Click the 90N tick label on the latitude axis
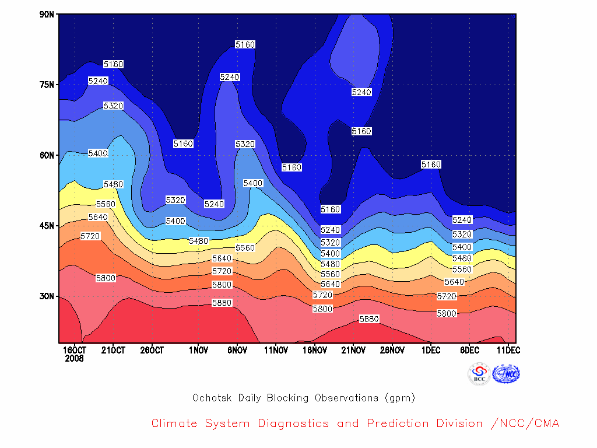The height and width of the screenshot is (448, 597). [x=47, y=15]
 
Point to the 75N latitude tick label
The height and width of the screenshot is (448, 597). [x=47, y=85]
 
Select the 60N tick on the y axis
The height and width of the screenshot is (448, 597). [x=47, y=155]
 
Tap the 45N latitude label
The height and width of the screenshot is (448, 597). [x=47, y=226]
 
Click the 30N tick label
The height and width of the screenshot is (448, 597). [x=47, y=296]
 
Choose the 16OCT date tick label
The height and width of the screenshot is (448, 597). [x=75, y=350]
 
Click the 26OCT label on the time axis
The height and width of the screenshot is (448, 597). [x=152, y=350]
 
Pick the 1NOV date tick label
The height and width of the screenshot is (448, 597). [x=198, y=350]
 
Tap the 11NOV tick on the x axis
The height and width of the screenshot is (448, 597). [x=276, y=350]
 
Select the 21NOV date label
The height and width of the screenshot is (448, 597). [x=353, y=350]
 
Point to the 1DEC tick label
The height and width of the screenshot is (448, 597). [x=431, y=350]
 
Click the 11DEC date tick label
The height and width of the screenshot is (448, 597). [x=508, y=350]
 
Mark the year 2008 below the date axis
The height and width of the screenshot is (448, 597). [x=74, y=359]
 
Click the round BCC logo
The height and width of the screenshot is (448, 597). [x=479, y=374]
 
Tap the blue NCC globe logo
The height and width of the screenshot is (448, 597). [x=506, y=374]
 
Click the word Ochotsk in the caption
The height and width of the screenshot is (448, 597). [x=212, y=398]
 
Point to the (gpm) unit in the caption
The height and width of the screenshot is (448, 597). [x=400, y=398]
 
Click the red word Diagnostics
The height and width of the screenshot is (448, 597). [x=294, y=423]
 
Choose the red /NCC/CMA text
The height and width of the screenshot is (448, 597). [x=525, y=423]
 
